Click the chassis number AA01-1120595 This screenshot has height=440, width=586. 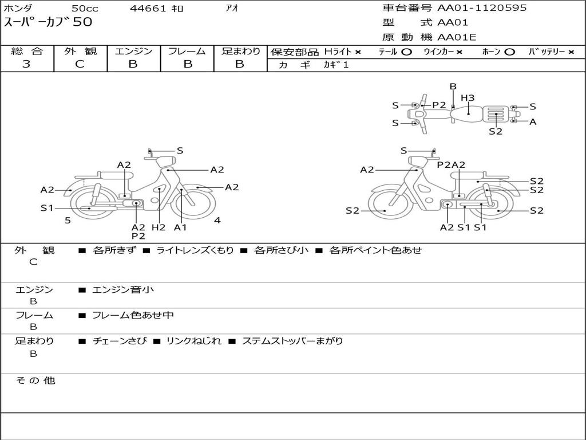482,8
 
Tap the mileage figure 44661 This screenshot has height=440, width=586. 148,8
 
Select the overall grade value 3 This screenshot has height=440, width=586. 26,64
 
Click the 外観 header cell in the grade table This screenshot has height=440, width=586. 80,51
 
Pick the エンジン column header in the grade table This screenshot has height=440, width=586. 133,51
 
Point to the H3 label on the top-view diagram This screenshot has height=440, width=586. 468,98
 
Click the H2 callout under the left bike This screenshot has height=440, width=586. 159,227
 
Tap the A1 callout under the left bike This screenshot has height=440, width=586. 180,227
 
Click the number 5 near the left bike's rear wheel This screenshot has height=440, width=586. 68,221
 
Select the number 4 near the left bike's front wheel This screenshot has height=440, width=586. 217,220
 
